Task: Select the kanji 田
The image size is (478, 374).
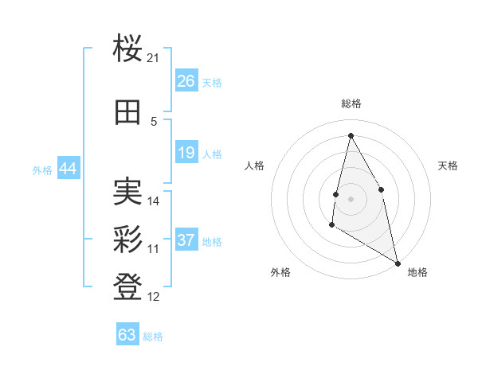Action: pos(127,112)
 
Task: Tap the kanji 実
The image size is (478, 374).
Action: pos(127,191)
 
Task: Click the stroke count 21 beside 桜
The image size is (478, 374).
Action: pos(154,58)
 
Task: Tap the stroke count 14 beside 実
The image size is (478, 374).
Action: pos(154,201)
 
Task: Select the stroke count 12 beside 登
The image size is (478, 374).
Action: pos(154,297)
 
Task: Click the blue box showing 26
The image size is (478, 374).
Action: pos(186,81)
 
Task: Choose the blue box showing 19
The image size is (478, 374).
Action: pos(186,153)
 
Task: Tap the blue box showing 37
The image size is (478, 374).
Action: pos(186,240)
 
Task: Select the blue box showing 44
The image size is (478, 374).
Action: pos(68,169)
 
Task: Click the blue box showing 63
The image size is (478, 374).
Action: pos(127,334)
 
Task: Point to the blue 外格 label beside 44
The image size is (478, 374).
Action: pos(42,169)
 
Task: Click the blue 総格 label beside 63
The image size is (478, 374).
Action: pos(153,337)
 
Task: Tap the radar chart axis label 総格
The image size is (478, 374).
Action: pos(351,103)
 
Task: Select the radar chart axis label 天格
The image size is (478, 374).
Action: pos(448,166)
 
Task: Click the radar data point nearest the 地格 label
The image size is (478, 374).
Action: pos(398,264)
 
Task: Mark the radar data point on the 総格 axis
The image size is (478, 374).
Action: pos(351,134)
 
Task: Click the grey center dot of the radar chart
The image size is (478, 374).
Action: pos(351,197)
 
